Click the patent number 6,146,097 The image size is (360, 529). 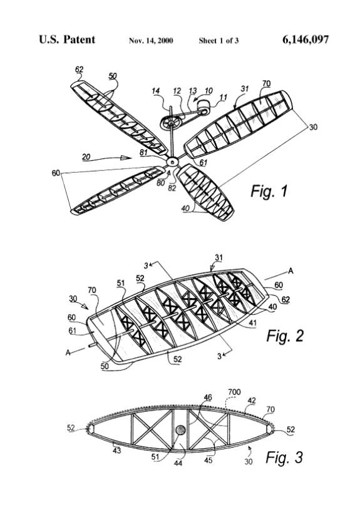[x=306, y=40]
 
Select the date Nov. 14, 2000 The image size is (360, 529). [x=151, y=41]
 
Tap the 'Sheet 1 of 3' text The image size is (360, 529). [x=219, y=41]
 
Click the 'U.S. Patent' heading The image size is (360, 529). [x=67, y=39]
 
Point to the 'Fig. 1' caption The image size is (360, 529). [x=269, y=191]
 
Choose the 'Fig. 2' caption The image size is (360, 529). [x=285, y=336]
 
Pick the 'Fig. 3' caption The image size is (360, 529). [x=284, y=458]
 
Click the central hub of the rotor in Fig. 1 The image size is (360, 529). [x=172, y=162]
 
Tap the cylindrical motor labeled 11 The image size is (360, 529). [x=203, y=106]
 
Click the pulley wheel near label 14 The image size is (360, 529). [x=170, y=123]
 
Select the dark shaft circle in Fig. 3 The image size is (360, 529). [x=180, y=430]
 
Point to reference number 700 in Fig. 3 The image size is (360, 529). [x=234, y=392]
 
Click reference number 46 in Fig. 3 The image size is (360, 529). [x=207, y=398]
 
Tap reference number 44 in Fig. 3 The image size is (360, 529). [x=178, y=463]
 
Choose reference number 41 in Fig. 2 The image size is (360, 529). [x=252, y=323]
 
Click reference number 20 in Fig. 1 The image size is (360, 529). [x=86, y=157]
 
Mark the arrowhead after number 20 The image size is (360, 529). [x=126, y=158]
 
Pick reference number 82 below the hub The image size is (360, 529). [x=172, y=188]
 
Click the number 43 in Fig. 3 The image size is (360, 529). [x=116, y=450]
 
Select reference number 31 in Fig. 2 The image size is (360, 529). [x=219, y=258]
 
